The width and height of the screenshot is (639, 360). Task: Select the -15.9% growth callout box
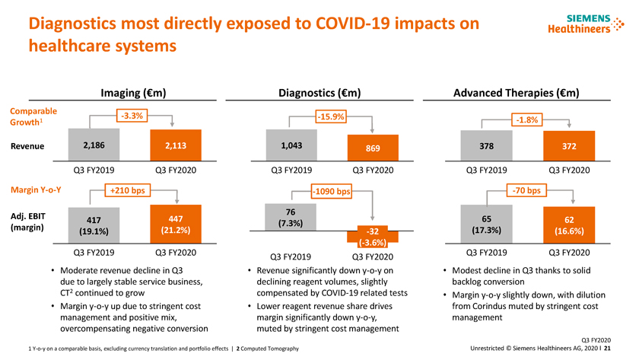[331, 116]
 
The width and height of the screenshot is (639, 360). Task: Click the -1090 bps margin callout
[331, 191]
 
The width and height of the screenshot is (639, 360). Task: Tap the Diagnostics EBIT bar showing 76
[291, 216]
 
